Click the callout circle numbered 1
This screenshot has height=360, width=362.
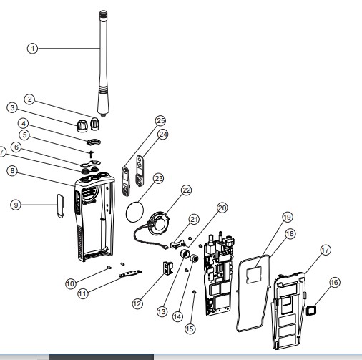coord(33,49)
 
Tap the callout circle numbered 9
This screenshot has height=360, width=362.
coord(16,205)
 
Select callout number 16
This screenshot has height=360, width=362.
coord(334,282)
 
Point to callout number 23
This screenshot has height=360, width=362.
coord(159,178)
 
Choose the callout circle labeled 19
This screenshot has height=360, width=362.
coord(287,217)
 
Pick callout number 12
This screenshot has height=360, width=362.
coord(137,303)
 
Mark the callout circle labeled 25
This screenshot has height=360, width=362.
coord(160,120)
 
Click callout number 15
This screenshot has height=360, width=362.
coord(190,329)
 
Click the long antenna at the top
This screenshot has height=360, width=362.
coord(104,63)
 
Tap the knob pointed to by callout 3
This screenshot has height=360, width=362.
coord(82,126)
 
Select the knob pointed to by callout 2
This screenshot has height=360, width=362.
coord(94,124)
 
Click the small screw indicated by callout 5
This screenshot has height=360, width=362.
coord(92,154)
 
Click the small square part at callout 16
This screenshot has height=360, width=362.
coord(311,311)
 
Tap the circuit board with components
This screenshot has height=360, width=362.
coord(218,273)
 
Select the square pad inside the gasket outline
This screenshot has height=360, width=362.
coord(253,276)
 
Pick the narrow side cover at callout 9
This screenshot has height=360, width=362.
coord(60,205)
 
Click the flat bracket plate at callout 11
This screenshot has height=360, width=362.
coord(130,273)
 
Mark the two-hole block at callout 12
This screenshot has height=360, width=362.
coord(168,268)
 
